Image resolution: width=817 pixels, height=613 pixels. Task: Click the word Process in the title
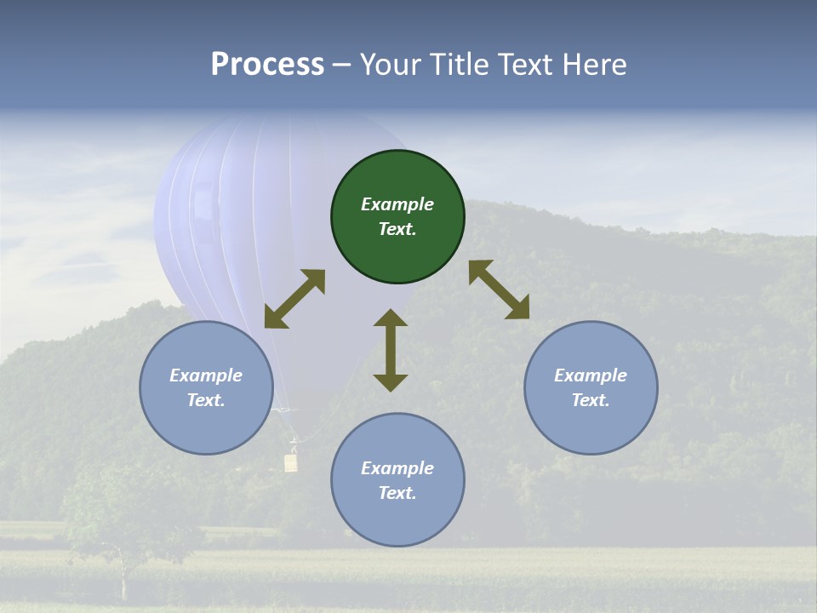click(267, 65)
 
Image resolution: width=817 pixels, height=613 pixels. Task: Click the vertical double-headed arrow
click(391, 350)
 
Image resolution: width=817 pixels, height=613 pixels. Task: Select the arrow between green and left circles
click(294, 299)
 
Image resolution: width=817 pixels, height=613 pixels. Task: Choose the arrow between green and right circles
click(500, 289)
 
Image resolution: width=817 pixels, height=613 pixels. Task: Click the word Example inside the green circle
click(397, 204)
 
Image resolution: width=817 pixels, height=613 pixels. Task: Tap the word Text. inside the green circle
click(397, 229)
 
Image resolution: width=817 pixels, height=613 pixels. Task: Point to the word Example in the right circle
click(591, 375)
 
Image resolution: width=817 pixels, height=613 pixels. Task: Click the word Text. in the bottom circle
click(397, 493)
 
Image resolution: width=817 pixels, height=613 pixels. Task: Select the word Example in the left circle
click(206, 375)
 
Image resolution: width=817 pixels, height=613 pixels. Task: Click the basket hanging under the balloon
click(291, 462)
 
